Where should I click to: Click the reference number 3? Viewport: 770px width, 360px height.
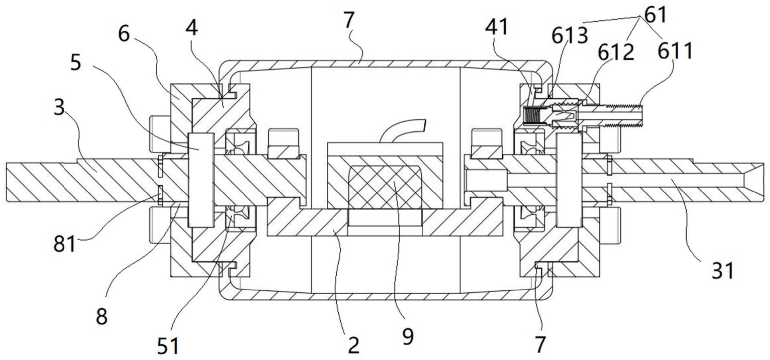(59, 107)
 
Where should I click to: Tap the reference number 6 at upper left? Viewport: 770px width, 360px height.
(124, 34)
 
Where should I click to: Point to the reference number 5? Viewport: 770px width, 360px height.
(75, 63)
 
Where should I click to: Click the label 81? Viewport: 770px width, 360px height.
(65, 243)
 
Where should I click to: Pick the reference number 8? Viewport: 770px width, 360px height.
(102, 316)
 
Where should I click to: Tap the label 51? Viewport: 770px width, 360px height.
(168, 346)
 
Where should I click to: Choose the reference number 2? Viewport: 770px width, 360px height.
(353, 345)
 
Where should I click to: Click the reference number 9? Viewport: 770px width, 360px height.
(408, 337)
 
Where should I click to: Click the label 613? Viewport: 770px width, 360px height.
(569, 36)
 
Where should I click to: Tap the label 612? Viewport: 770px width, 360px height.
(616, 52)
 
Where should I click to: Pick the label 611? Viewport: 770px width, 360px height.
(675, 51)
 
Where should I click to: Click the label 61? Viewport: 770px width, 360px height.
(655, 15)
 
